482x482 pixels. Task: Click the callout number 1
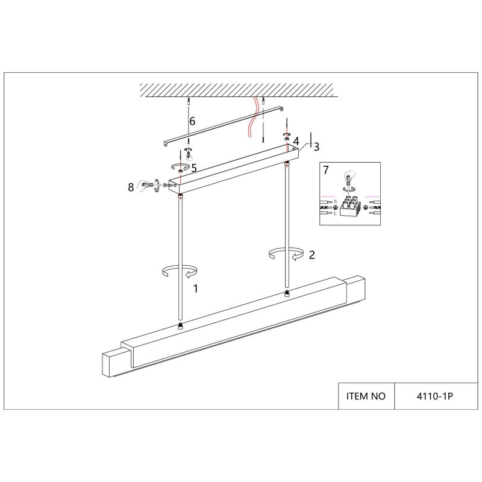pos(195,289)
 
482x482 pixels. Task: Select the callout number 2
pos(311,255)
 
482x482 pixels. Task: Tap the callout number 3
pos(316,147)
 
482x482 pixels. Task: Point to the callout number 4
pos(296,141)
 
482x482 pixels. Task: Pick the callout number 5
pos(193,168)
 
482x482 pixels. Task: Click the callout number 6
pos(192,122)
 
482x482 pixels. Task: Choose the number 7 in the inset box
pos(326,170)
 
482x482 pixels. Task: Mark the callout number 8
pos(131,187)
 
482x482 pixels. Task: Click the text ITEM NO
pos(366,396)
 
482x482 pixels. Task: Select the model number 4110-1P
pos(434,396)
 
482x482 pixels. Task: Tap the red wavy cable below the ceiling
pos(254,117)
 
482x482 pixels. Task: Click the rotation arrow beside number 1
pos(180,271)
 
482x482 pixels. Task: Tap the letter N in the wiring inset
pos(336,202)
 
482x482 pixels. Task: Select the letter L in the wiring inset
pos(336,213)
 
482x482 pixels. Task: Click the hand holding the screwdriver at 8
pos(145,186)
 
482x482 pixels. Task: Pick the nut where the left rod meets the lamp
pos(180,327)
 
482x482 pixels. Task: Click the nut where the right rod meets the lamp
pos(287,293)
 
